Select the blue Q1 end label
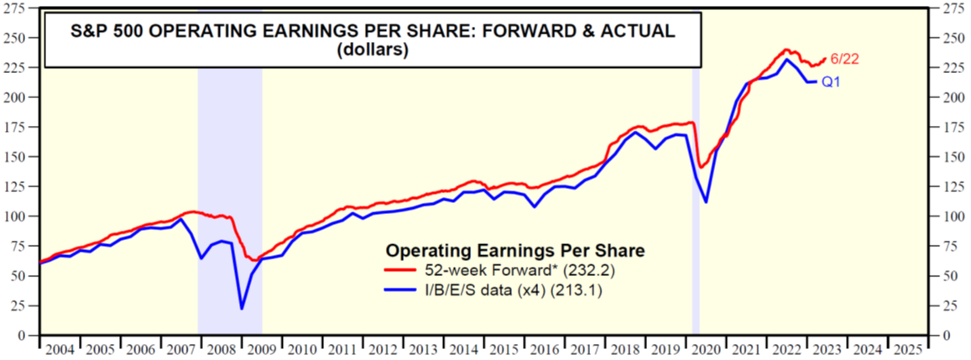click(x=831, y=81)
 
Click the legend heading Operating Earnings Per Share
click(x=514, y=250)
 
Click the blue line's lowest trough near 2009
click(x=242, y=309)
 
